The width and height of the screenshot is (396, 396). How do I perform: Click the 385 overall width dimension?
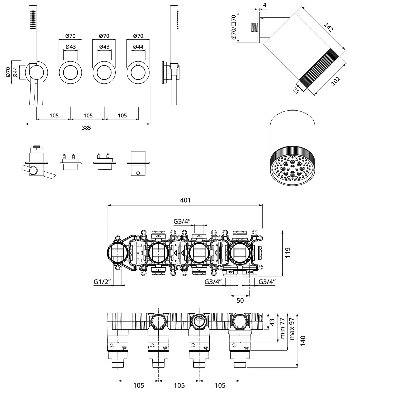pos(86,128)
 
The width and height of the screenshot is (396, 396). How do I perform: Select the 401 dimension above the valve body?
pos(185,200)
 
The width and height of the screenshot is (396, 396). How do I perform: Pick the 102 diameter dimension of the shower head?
pos(336,81)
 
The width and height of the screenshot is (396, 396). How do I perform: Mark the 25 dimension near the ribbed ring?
pos(295,91)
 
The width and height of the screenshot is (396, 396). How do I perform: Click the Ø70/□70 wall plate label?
pos(233,27)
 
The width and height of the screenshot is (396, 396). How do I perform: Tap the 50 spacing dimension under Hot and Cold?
pos(240,300)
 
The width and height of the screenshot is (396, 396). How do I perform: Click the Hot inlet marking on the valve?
pos(230,272)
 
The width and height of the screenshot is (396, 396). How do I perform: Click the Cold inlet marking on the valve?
pos(249,272)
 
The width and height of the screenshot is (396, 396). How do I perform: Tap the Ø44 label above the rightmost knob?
pos(138,47)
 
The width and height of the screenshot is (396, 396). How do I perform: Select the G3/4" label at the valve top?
pos(182,221)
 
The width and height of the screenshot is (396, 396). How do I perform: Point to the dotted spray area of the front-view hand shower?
pos(33,20)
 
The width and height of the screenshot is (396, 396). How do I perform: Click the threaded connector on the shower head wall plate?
pos(254,27)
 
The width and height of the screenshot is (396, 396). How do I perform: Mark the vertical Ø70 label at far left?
pos(8,72)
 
